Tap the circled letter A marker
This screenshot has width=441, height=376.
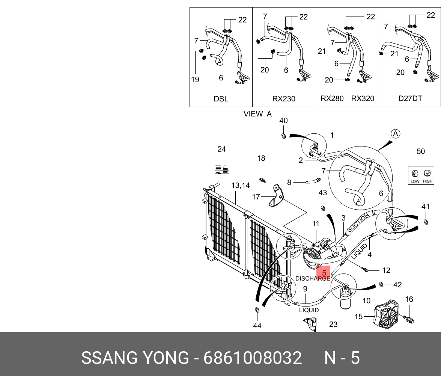coord(395,134)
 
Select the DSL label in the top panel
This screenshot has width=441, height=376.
coord(221,99)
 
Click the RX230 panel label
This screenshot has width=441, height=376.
coord(283,99)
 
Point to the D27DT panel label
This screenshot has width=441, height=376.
coord(410,99)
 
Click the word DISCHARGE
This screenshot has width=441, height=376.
coord(312,279)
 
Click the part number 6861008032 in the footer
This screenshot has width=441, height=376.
coord(253,358)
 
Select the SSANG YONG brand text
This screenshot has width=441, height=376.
coord(135,358)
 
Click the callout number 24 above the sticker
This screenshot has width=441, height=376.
coord(221,149)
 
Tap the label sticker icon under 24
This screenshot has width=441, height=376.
coord(221,169)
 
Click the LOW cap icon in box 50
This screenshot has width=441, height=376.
coord(415,174)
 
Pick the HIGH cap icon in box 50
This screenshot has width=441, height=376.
coord(427,174)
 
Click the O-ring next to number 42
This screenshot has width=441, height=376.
coord(381,284)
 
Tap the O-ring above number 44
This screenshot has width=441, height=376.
coord(257,310)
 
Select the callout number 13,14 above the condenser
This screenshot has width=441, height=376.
coord(240,185)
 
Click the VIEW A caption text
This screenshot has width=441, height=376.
coord(257,114)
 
